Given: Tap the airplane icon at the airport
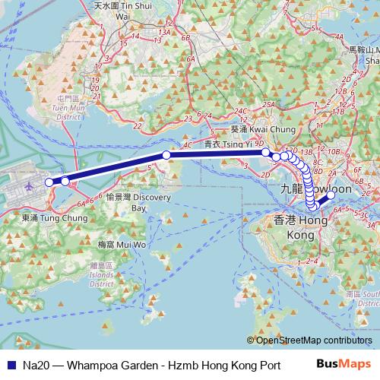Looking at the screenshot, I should pyautogui.click(x=30, y=185).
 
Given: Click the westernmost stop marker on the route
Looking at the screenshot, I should pyautogui.click(x=50, y=182).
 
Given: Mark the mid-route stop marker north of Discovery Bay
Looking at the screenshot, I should pyautogui.click(x=166, y=155).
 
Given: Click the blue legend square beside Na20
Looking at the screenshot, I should pyautogui.click(x=10, y=365).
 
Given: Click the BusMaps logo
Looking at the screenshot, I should pyautogui.click(x=351, y=364).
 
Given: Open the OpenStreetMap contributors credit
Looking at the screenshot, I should pyautogui.click(x=312, y=340).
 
